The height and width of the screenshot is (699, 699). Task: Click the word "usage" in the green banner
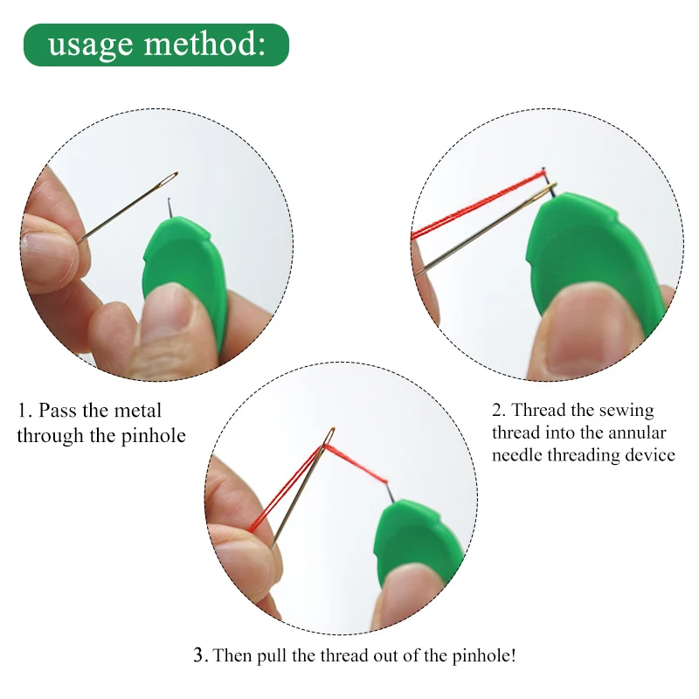91,45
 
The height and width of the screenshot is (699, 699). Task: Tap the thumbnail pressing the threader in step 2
583,331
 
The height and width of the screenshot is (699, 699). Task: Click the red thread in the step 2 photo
478,204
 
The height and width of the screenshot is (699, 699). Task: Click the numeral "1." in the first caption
24,411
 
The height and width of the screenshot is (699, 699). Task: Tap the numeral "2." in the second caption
498,410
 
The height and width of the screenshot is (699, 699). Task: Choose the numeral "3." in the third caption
201,654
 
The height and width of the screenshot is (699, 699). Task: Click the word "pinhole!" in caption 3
484,656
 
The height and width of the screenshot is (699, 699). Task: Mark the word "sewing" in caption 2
627,411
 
